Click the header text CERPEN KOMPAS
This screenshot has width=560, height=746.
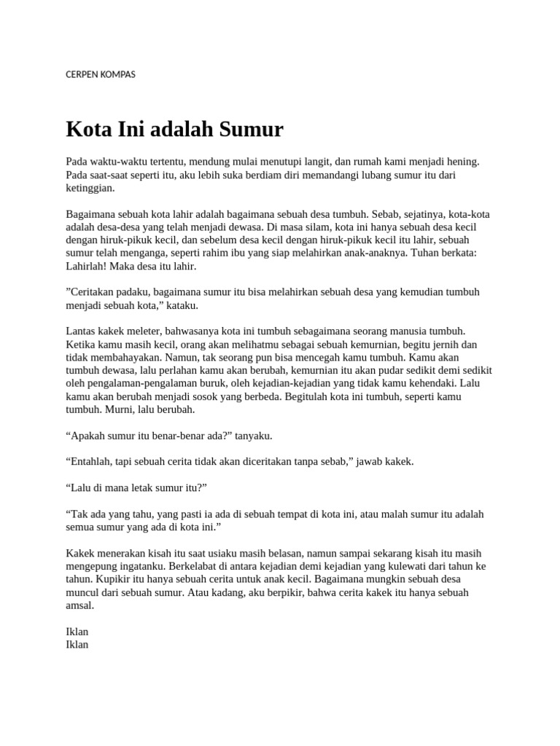click(101, 74)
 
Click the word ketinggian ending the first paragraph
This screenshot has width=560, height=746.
click(90, 188)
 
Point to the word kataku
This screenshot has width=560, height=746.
click(182, 305)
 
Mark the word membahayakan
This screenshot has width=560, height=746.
click(128, 358)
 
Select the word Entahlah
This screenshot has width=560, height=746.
click(91, 461)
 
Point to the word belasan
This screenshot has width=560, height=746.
click(276, 554)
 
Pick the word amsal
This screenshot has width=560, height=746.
click(79, 606)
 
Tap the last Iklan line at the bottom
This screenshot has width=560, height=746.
click(77, 645)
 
